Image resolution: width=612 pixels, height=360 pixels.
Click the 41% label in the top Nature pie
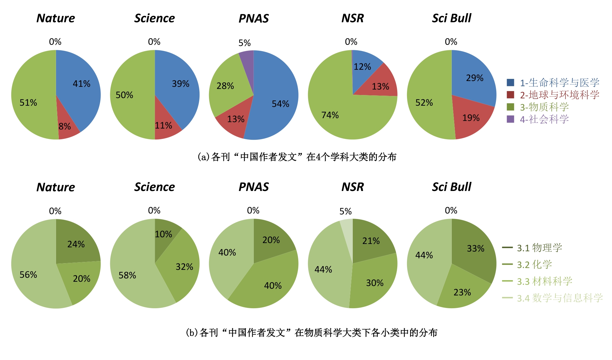tap(81, 84)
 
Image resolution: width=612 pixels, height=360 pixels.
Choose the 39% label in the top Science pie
tap(180, 84)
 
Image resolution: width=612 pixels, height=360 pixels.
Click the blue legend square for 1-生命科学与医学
tap(510, 83)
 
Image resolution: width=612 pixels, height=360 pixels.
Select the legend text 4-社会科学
tap(544, 119)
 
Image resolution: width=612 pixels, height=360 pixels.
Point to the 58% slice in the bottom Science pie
tap(131, 274)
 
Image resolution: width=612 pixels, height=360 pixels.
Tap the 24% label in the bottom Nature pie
tap(76, 244)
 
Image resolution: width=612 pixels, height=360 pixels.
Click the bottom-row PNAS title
tap(253, 187)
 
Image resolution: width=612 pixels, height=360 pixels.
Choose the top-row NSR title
tap(352, 18)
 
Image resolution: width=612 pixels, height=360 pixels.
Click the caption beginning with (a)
tap(297, 157)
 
